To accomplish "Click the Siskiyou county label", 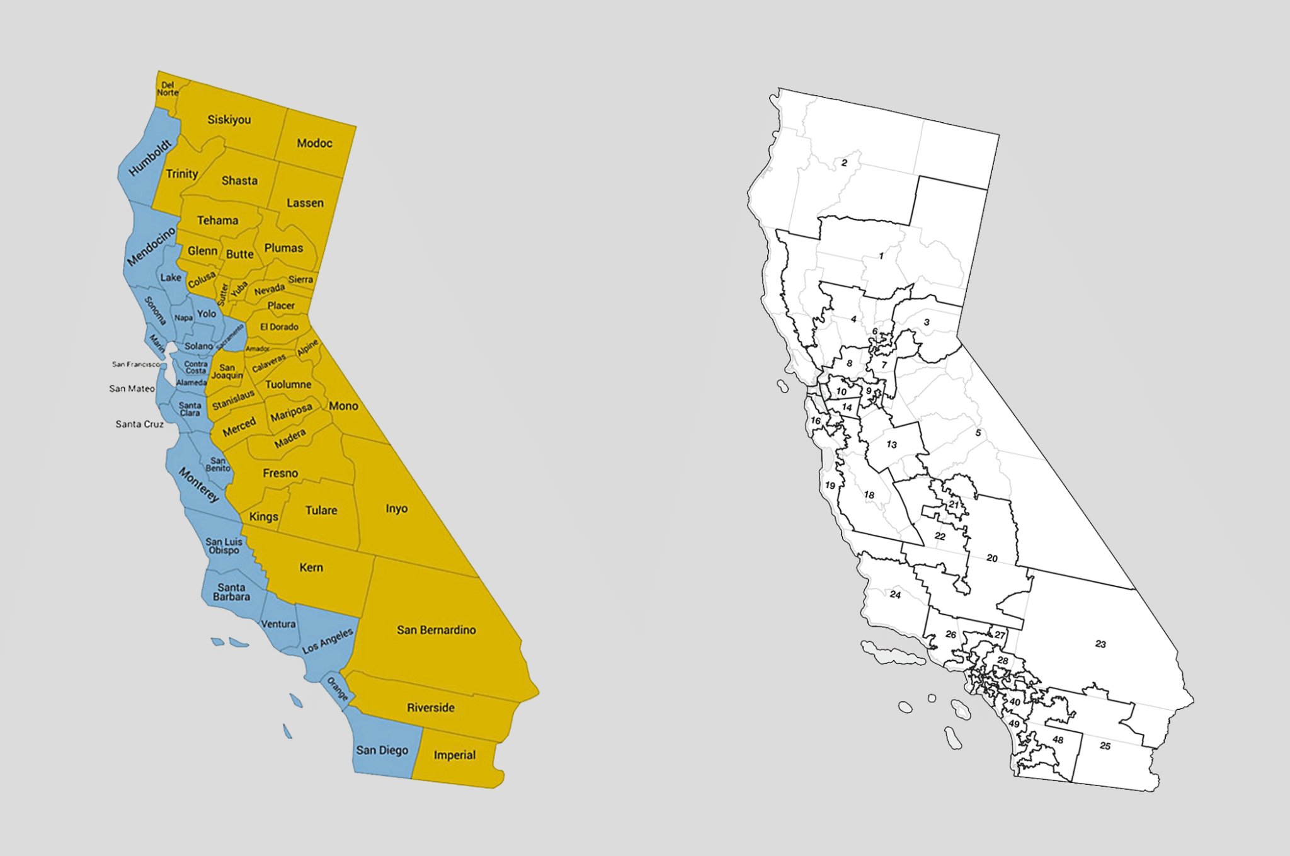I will click(229, 120).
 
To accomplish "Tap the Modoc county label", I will click(314, 143).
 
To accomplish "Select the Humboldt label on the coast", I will click(150, 157).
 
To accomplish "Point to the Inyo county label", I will click(396, 508).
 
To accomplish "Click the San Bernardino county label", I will click(436, 630).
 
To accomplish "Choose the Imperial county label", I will click(454, 755).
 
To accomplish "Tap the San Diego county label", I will click(382, 750).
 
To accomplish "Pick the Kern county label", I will click(311, 568).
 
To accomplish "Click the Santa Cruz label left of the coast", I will click(139, 424).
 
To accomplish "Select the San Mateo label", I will click(132, 389).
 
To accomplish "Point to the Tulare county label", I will click(321, 510).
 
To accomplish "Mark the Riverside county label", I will click(430, 707).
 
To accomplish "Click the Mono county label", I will click(343, 406).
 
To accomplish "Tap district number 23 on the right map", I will click(1100, 644).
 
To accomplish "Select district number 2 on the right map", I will click(844, 163).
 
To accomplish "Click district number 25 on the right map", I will click(1105, 746).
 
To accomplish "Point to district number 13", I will click(891, 445).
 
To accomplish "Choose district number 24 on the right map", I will click(895, 595).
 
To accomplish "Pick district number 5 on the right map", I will click(978, 433).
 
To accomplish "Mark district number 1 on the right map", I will click(881, 256).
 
